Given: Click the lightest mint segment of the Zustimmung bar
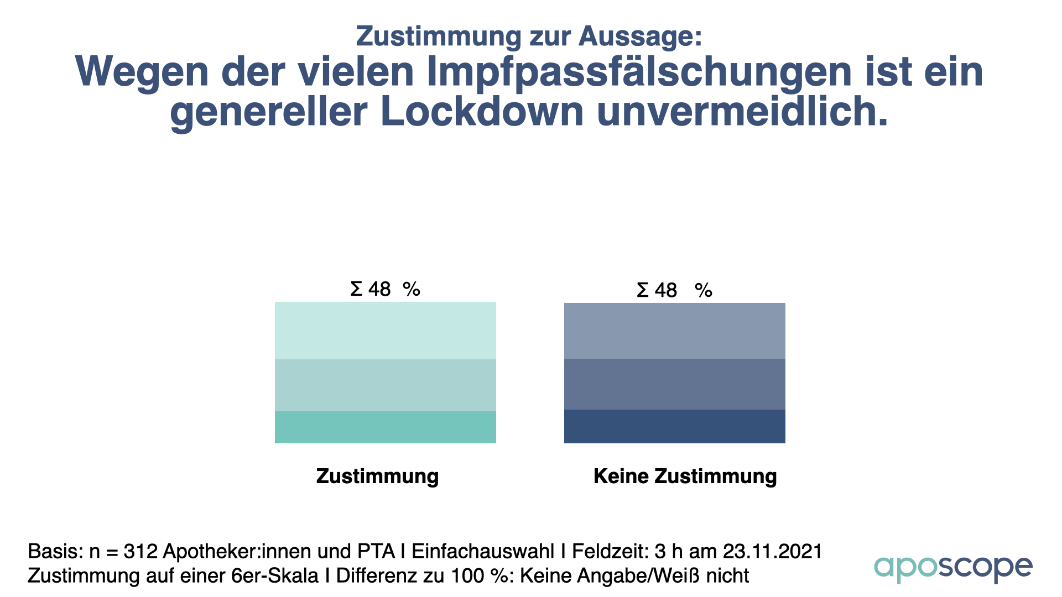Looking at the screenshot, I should click(386, 331).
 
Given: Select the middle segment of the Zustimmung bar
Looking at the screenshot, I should click(386, 385).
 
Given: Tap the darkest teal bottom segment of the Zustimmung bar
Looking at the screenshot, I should click(386, 427).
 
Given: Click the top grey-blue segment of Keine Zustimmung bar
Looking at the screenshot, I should click(674, 331).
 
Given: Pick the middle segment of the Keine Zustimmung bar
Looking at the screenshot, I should click(674, 384).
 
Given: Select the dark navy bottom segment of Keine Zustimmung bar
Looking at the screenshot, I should click(674, 426).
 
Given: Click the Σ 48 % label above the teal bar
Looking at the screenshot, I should click(386, 289).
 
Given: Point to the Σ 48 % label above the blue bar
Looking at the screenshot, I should click(674, 290).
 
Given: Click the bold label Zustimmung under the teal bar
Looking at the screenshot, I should click(377, 476).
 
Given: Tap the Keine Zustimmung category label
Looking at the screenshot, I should click(685, 476).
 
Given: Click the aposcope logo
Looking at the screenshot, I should click(952, 568).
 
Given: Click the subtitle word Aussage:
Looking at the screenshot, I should click(641, 36).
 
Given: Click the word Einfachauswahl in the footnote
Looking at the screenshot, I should click(483, 552).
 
